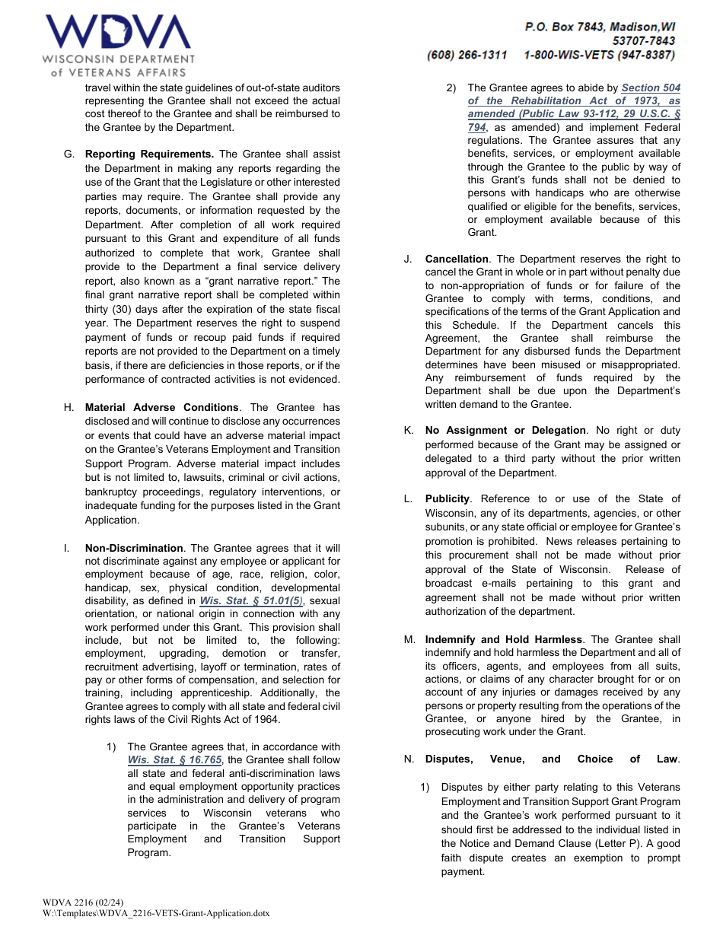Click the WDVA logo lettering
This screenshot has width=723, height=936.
(118, 33)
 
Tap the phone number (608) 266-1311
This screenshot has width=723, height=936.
(467, 55)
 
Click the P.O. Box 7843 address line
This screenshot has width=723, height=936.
(599, 27)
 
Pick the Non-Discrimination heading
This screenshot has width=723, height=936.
(134, 548)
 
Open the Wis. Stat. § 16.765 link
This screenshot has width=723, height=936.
(174, 759)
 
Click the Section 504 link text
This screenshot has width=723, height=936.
(651, 88)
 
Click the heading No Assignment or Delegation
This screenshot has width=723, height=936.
(505, 430)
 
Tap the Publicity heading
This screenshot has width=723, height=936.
(447, 498)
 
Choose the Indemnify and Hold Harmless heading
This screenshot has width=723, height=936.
(503, 639)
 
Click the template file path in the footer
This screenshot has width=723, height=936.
(156, 913)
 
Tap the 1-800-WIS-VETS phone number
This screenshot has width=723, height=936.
(599, 55)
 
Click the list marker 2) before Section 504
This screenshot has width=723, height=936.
(451, 88)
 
